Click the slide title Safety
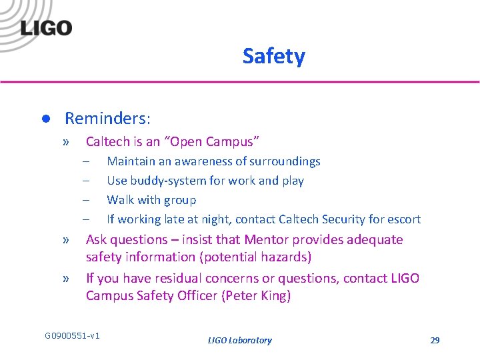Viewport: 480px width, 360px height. point(273,56)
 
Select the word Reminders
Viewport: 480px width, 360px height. point(106,119)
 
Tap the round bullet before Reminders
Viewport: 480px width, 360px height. point(45,119)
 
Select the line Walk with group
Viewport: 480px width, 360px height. point(151,200)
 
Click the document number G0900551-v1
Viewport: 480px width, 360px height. point(72,335)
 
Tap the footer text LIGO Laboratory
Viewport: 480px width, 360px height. point(240,340)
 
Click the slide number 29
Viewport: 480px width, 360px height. point(435,340)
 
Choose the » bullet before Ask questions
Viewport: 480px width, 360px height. point(66,240)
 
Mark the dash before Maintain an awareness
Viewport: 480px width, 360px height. point(86,161)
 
